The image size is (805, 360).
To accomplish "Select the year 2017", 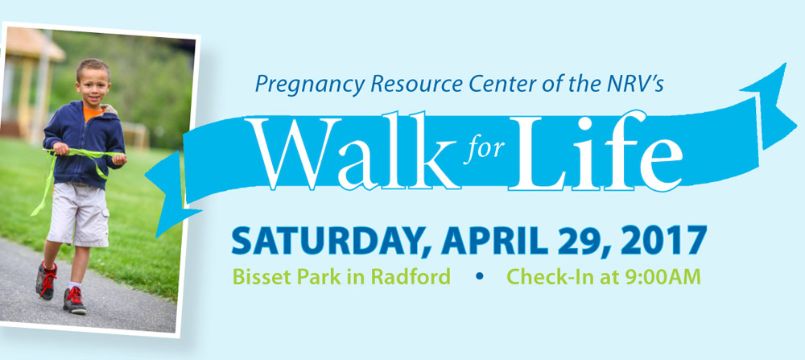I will (x=659, y=240).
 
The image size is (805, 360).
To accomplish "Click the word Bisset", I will (x=258, y=277).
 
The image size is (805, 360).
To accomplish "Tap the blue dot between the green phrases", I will (x=479, y=276).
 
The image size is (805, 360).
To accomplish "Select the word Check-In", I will (x=547, y=277).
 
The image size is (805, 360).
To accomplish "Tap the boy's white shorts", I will (x=79, y=213).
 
